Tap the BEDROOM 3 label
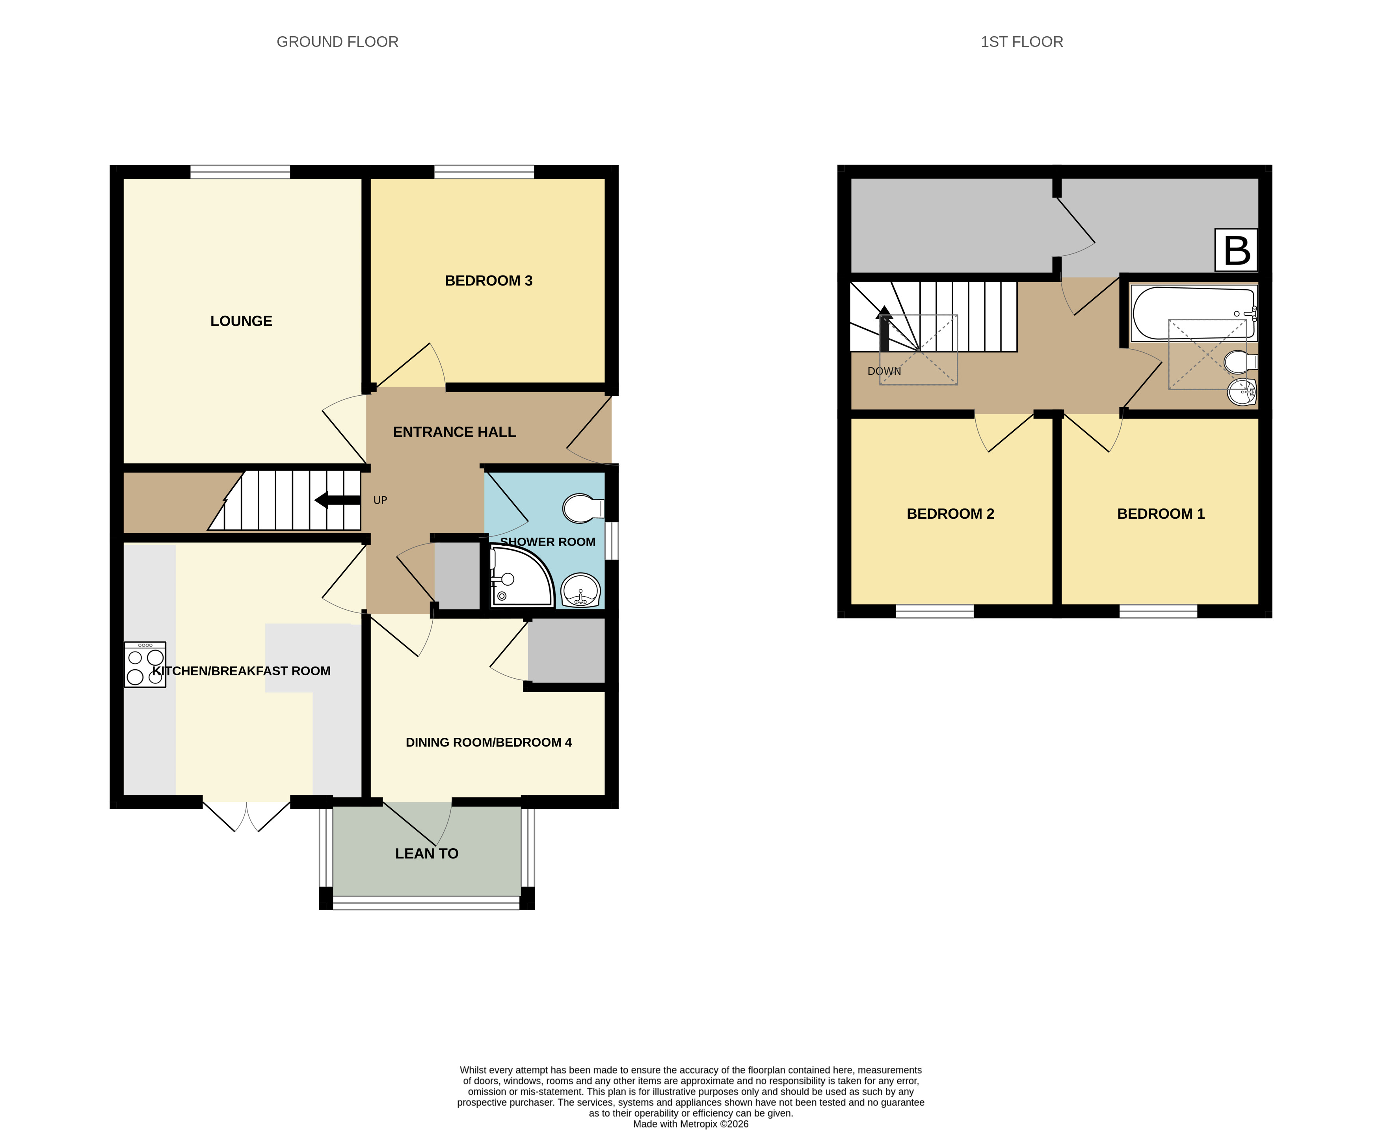[x=489, y=281]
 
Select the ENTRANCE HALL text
[x=454, y=432]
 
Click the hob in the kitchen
[x=145, y=665]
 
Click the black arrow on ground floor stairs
[x=337, y=500]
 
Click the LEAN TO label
[x=427, y=853]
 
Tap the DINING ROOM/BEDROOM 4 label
[x=489, y=743]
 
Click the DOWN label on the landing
[x=884, y=371]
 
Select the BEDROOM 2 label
[x=950, y=514]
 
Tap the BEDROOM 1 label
[x=1161, y=514]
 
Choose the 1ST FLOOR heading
[x=1021, y=42]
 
